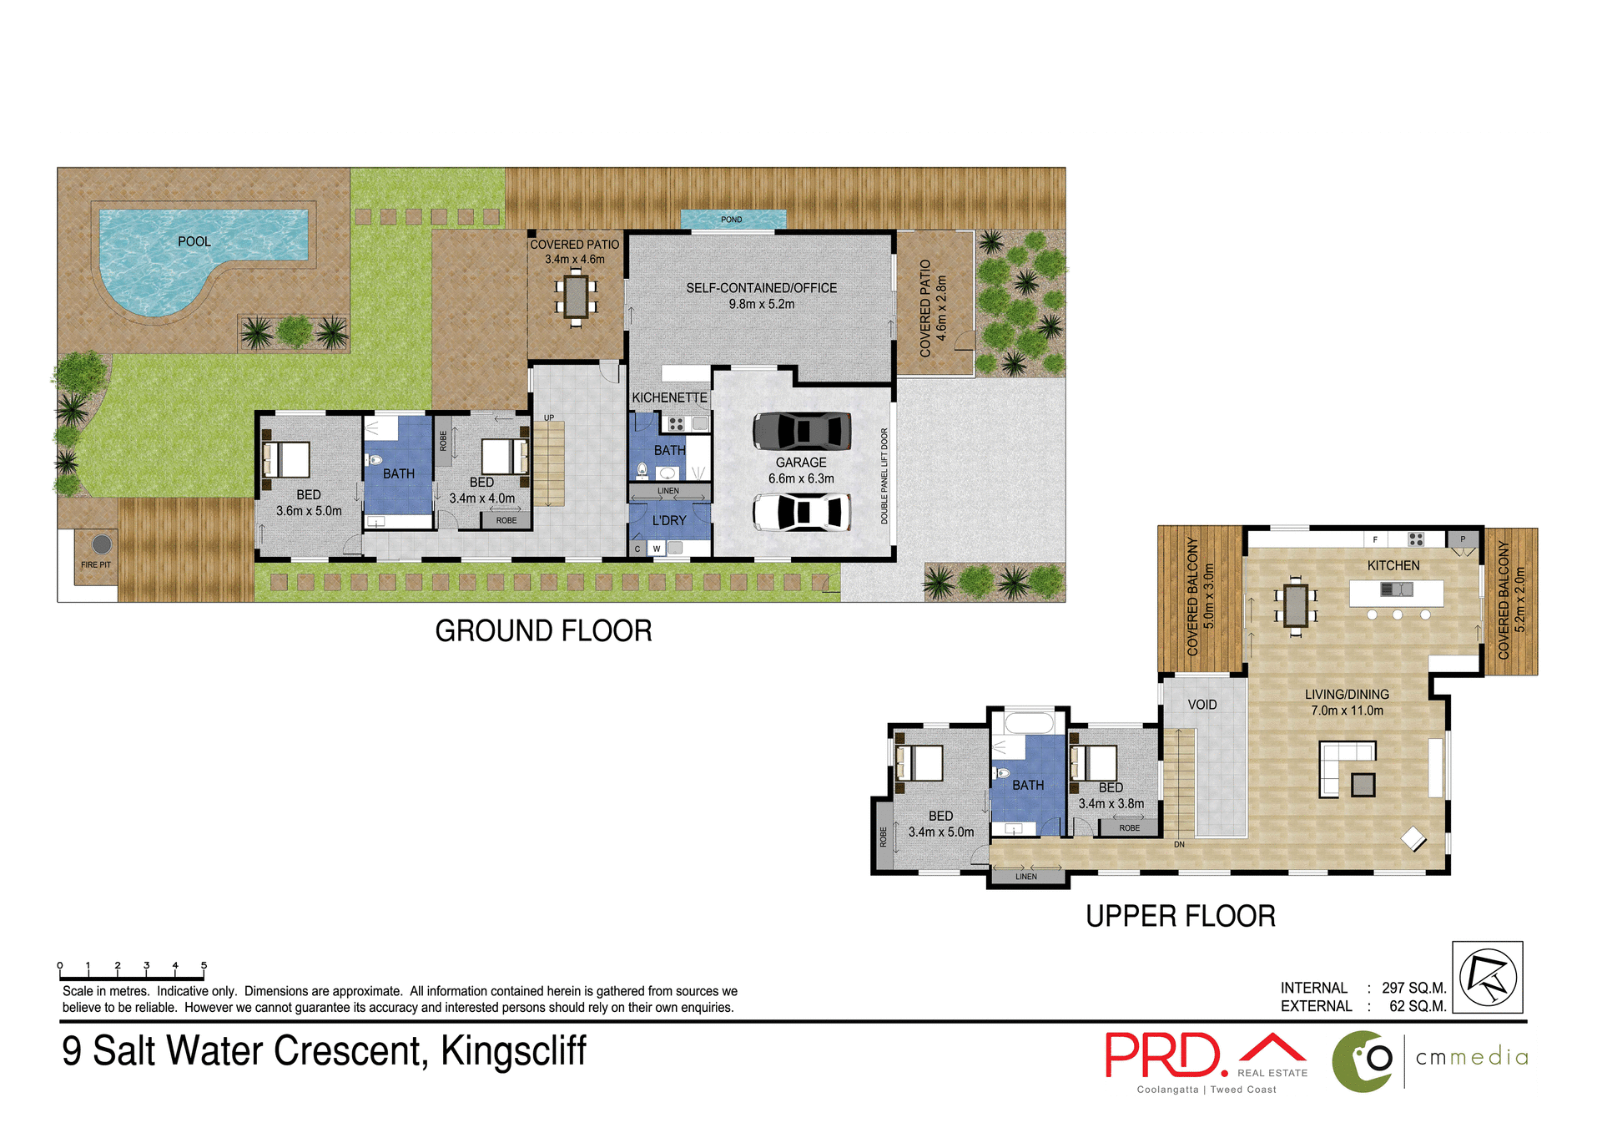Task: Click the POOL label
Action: coord(194,241)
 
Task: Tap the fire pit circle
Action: coord(102,544)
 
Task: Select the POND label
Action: coord(731,220)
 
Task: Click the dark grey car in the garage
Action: coord(801,432)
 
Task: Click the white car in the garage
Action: coord(801,512)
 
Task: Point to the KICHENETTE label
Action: coord(669,397)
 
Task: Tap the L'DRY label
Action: coord(669,520)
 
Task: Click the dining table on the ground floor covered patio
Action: coord(576,297)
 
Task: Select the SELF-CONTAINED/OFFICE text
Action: coord(761,288)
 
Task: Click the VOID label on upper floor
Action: coord(1201,705)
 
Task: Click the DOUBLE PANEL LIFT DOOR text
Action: coord(884,476)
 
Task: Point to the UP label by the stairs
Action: coord(549,417)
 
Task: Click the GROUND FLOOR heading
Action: coord(543,631)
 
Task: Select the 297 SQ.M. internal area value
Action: coord(1413,988)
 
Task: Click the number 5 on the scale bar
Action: coord(204,965)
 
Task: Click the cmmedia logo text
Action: coord(1472,1058)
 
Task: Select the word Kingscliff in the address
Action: coord(513,1051)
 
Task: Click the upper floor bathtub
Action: coord(1028,722)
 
